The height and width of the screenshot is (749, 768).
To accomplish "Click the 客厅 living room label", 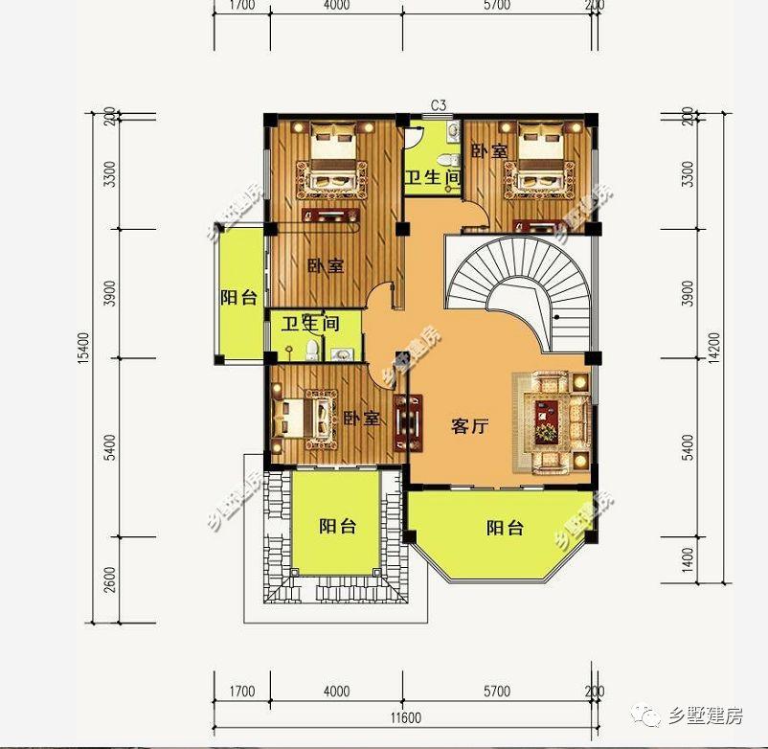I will (x=469, y=427).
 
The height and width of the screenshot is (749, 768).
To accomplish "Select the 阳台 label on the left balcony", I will (x=237, y=298).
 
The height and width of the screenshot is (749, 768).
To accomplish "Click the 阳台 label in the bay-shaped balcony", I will (x=504, y=528).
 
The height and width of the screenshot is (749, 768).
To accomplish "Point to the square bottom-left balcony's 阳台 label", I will (x=337, y=526).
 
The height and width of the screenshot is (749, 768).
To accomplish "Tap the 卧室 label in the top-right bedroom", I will (x=489, y=151).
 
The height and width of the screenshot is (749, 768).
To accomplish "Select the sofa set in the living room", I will (x=553, y=421).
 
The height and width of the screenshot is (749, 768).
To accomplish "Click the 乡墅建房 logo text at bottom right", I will (x=709, y=715).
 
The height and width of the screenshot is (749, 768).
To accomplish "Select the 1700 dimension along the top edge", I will (x=242, y=5).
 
